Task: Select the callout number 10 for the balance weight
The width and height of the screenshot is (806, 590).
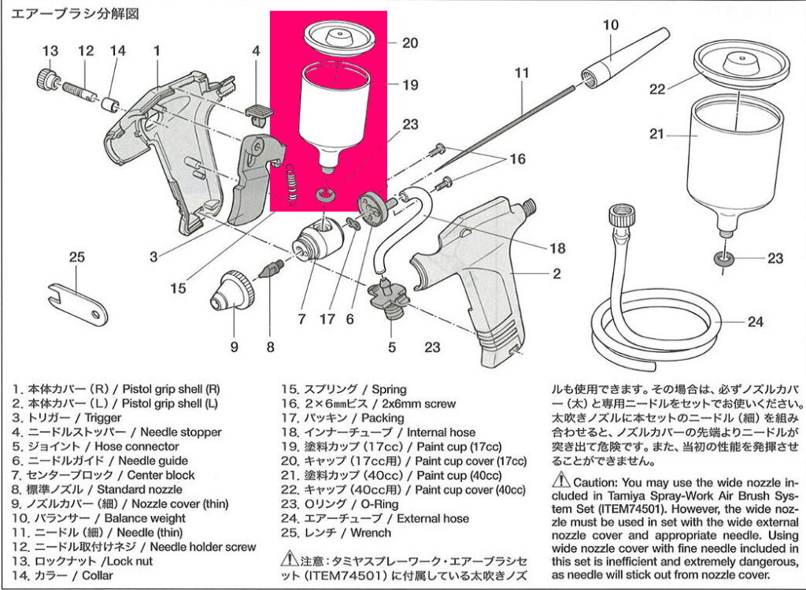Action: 611,24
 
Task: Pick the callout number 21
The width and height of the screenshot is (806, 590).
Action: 657,135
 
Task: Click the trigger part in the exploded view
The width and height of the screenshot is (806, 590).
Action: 253,178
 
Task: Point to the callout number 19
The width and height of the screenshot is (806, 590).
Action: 410,85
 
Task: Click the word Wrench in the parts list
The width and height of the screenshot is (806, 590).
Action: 369,532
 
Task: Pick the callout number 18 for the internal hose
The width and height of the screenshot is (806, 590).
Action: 557,249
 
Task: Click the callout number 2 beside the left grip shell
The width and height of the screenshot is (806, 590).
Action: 556,274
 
